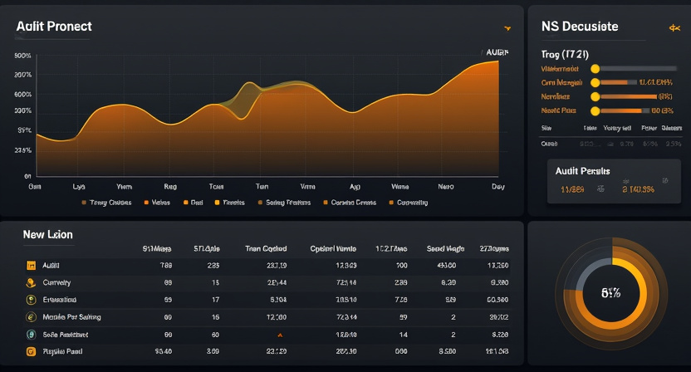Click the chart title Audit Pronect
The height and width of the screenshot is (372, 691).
coord(53,27)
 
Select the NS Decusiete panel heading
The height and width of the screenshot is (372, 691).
coord(579,27)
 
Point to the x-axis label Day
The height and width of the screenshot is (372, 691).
coord(497,187)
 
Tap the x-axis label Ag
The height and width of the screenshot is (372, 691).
coord(355,187)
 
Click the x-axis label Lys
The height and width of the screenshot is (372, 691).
coord(79,187)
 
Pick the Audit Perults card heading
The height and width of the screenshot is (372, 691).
coord(582,171)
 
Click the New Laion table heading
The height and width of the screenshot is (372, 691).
coord(47,235)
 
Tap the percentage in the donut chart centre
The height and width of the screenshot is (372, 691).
coord(611,292)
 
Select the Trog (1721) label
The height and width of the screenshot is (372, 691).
coord(565,54)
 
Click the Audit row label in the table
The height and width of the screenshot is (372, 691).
coord(51,266)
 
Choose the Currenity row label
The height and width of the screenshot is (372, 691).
coord(56,283)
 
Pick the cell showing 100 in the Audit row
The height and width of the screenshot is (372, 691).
coord(402,266)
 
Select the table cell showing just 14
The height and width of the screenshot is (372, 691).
coord(403,335)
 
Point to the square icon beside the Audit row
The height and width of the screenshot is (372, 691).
coord(31,266)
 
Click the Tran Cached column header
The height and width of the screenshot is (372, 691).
coord(266,248)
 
